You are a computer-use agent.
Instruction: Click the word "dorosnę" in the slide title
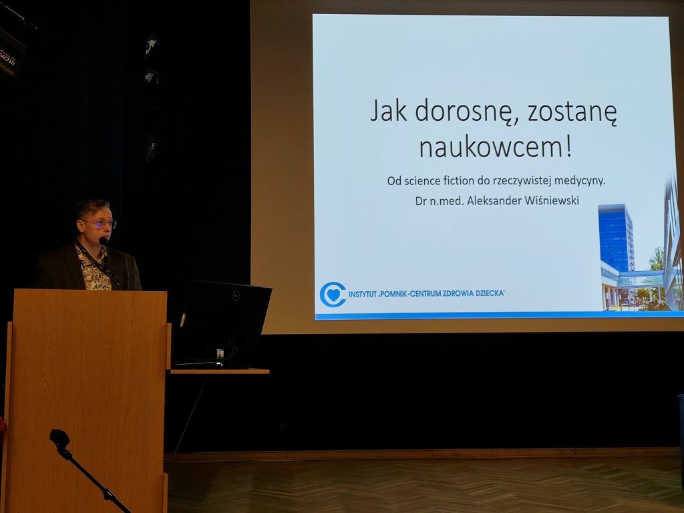tap(466, 112)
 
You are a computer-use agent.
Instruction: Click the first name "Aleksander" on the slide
tap(494, 200)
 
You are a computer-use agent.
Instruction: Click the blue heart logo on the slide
tap(333, 295)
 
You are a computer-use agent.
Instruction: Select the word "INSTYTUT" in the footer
tap(363, 295)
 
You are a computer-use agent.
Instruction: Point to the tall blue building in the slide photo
tap(616, 238)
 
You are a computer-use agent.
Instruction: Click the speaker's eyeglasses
tap(101, 224)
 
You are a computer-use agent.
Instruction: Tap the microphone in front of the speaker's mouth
tap(103, 240)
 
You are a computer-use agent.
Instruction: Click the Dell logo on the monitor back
tap(234, 295)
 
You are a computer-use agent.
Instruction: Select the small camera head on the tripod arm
tap(59, 438)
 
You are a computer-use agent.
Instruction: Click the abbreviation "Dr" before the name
tap(421, 200)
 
